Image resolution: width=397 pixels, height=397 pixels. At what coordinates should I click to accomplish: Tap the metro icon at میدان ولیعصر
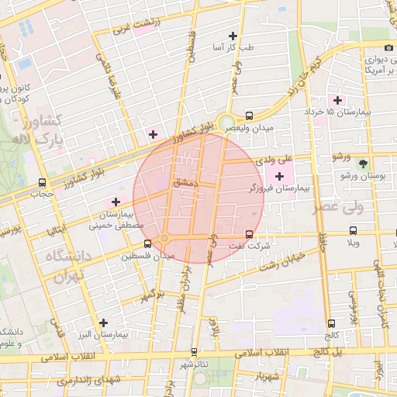pos(248,115)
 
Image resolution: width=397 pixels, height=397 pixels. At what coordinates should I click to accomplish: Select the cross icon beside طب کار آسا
pos(233,36)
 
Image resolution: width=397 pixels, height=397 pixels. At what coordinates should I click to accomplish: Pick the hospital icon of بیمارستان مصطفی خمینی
pos(116,202)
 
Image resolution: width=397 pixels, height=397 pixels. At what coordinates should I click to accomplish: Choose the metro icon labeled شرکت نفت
pos(248,233)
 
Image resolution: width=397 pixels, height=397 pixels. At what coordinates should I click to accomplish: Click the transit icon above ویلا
pos(354,230)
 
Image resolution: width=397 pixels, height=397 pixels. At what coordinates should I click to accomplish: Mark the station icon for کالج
pos(332,323)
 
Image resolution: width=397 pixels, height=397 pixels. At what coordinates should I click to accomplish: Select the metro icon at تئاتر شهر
pos(194,351)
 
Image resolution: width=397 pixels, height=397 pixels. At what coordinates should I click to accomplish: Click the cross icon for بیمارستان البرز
pos(102,322)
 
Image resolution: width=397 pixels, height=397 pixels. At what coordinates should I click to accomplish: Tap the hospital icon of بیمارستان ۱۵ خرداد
pos(337,99)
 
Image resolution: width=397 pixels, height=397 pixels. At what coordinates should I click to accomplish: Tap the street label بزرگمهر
pos(153,295)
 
